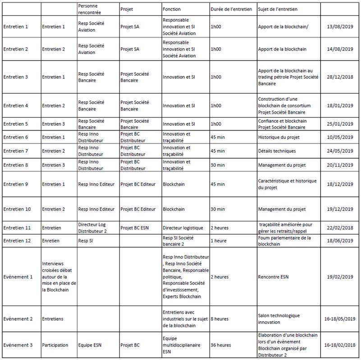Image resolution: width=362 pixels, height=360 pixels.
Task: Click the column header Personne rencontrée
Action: tap(90, 9)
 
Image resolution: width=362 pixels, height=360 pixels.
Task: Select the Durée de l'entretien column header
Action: tap(231, 9)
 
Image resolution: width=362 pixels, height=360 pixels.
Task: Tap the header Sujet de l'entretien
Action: tap(277, 9)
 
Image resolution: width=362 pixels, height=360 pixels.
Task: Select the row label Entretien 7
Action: tap(16, 151)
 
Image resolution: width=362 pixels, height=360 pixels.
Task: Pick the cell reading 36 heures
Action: tap(220, 345)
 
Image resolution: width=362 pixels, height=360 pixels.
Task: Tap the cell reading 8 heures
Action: tap(220, 319)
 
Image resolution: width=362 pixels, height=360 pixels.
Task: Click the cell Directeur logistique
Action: tap(183, 228)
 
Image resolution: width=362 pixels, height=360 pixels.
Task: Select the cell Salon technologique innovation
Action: tap(279, 319)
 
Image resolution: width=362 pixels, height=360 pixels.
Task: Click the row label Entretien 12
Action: tap(17, 241)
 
